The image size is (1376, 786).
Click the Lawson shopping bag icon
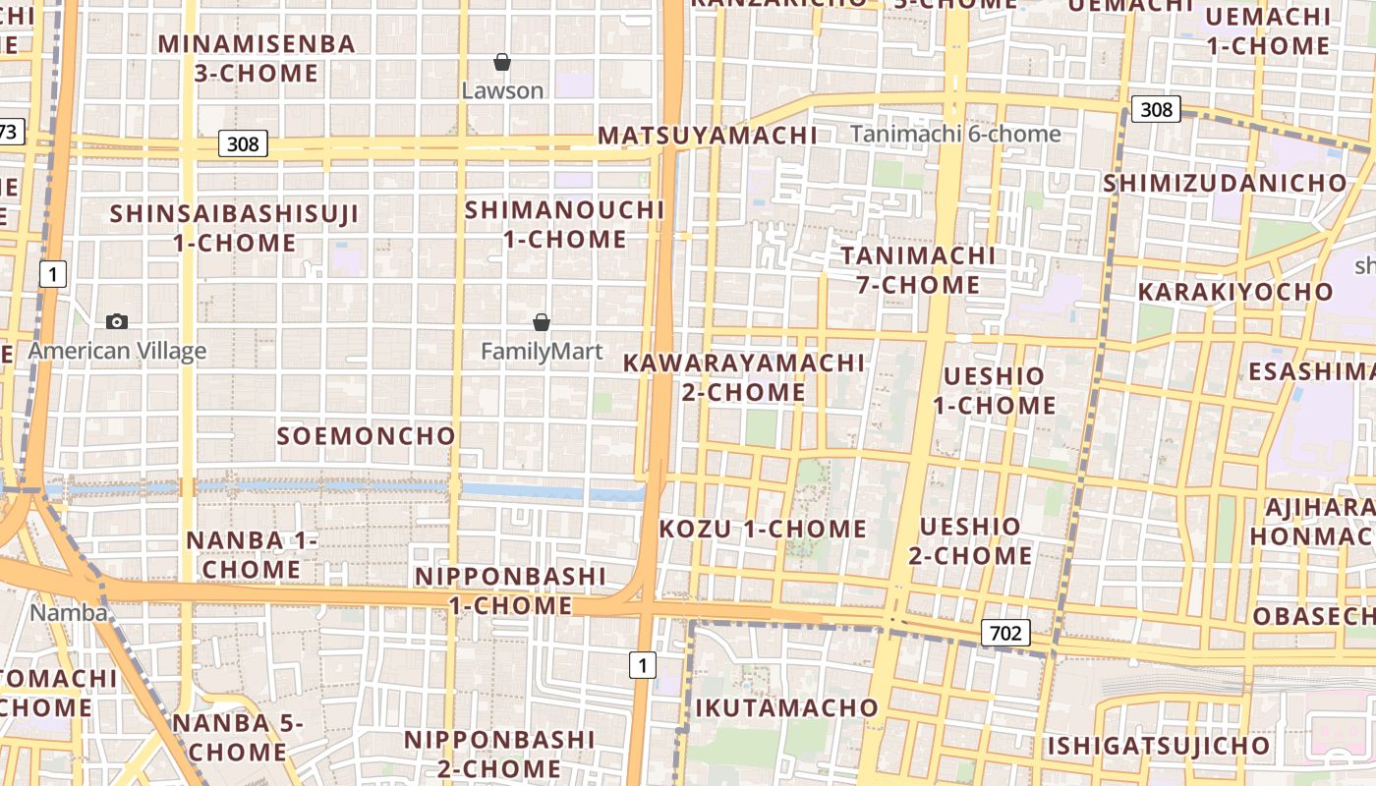pyautogui.click(x=502, y=62)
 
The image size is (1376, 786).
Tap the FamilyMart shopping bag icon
pyautogui.click(x=541, y=321)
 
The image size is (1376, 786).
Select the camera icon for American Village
pyautogui.click(x=117, y=321)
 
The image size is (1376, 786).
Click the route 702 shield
pyautogui.click(x=1005, y=633)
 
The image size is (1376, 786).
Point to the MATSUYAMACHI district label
pyautogui.click(x=708, y=136)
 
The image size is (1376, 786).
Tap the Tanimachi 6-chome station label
pyautogui.click(x=955, y=134)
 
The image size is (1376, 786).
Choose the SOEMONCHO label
pyautogui.click(x=366, y=436)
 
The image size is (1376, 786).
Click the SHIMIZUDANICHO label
pyautogui.click(x=1225, y=184)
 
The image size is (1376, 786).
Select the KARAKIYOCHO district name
pyautogui.click(x=1235, y=292)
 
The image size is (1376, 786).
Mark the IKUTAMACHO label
pyautogui.click(x=786, y=707)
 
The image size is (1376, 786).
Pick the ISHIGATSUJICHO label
pyautogui.click(x=1158, y=746)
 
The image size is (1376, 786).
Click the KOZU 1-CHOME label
pyautogui.click(x=763, y=529)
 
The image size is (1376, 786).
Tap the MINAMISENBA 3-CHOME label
pyautogui.click(x=257, y=58)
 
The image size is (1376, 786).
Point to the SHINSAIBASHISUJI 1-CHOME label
pyautogui.click(x=234, y=228)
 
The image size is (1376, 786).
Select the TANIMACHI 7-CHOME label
pyautogui.click(x=918, y=270)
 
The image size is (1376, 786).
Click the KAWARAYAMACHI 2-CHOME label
pyautogui.click(x=744, y=377)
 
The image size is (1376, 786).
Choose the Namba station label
pyautogui.click(x=69, y=613)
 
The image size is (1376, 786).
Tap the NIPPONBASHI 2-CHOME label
pyautogui.click(x=499, y=754)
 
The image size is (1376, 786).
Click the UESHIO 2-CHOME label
pyautogui.click(x=969, y=541)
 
